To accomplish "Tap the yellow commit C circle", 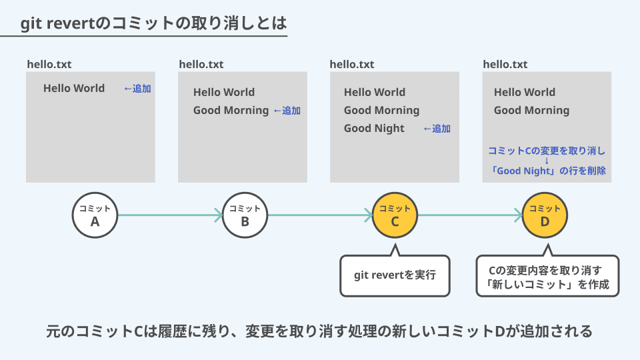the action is [x=395, y=215].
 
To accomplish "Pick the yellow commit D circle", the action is [x=545, y=215].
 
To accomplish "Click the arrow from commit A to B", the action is [x=170, y=215].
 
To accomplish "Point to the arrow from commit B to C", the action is [x=321, y=215].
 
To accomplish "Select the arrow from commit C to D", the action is [x=470, y=215].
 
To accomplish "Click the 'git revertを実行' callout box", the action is [x=395, y=275].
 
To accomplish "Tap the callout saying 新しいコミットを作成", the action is [x=547, y=276].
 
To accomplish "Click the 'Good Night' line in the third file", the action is [x=374, y=129].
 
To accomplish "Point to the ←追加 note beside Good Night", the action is [x=437, y=129].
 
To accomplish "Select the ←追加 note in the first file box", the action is [x=137, y=89].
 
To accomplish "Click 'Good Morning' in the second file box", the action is [x=231, y=111].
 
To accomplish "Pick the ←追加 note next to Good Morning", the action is [x=287, y=111].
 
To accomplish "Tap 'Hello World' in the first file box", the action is [x=74, y=88].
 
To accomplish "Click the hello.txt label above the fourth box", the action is [x=505, y=65].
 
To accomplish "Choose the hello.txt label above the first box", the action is [x=49, y=65].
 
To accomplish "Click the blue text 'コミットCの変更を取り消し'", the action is [x=547, y=151].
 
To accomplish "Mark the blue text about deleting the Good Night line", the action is [x=547, y=171].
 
